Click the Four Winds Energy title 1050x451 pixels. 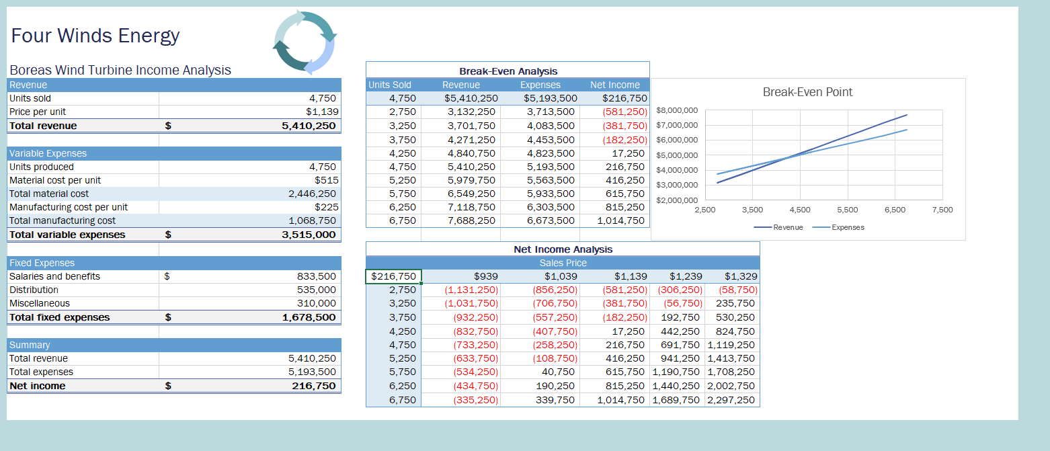coord(95,36)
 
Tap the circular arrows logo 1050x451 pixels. coord(305,42)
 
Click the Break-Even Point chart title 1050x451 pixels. coord(807,92)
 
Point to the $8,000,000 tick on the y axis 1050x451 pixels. coord(677,110)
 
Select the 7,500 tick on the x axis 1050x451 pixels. coord(942,210)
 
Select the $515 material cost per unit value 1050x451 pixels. coord(327,180)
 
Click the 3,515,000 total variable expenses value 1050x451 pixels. coord(309,235)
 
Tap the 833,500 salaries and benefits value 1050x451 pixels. coord(316,276)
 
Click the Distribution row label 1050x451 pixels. coord(34,290)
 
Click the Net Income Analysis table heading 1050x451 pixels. coord(563,249)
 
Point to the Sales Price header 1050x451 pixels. coord(563,263)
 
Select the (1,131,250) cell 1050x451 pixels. coord(471,290)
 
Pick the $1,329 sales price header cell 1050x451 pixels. coord(741,276)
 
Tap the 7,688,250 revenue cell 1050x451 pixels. coord(471,220)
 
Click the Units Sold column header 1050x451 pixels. coord(390,85)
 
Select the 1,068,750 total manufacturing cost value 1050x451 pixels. coord(312,220)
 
